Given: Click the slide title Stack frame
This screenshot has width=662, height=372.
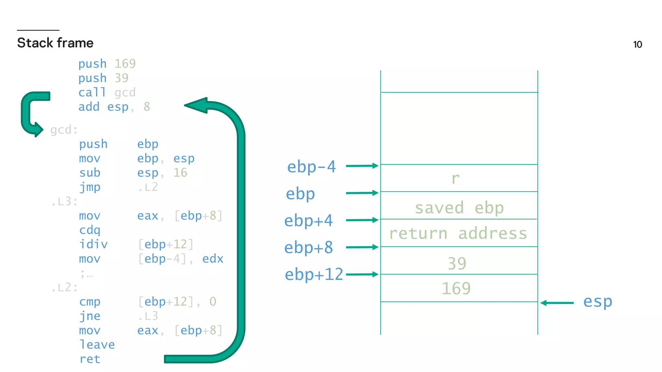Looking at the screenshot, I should (x=55, y=43).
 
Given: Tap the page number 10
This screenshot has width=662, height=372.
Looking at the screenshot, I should (x=637, y=45).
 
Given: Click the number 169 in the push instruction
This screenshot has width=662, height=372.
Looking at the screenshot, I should (x=125, y=64).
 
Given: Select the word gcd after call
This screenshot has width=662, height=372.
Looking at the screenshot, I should (x=125, y=93).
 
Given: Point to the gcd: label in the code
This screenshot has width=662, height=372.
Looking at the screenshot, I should (x=64, y=130).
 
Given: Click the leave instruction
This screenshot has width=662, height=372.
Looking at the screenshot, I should (x=97, y=345).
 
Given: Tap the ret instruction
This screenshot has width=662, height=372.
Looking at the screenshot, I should (x=90, y=359).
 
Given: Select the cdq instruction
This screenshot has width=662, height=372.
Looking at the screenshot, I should (x=90, y=230).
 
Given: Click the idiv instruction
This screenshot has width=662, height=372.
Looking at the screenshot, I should (x=93, y=244).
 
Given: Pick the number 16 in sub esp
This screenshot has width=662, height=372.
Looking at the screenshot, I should (x=180, y=173).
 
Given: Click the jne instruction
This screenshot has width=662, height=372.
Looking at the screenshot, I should (x=90, y=316).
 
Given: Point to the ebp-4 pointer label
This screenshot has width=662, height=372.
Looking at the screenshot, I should (x=311, y=167).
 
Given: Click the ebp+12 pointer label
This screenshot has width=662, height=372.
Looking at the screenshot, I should (x=314, y=274).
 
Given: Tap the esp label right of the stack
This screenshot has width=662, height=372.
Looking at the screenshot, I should (x=597, y=302).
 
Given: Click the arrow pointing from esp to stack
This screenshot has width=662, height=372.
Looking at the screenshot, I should (x=557, y=303).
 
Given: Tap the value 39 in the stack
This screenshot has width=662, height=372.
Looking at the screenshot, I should (x=457, y=263).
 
